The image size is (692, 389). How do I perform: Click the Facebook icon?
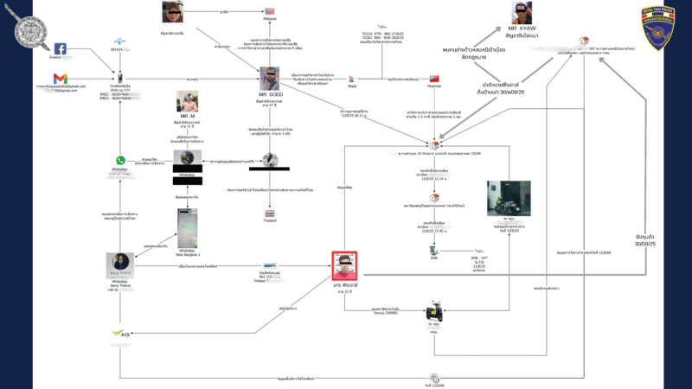coord(61,49)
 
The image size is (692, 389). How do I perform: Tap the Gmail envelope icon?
coord(61,80)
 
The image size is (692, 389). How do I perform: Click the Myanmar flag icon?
coord(435,79)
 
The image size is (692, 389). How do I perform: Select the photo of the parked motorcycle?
coord(509,197)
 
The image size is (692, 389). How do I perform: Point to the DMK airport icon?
coord(434,252)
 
